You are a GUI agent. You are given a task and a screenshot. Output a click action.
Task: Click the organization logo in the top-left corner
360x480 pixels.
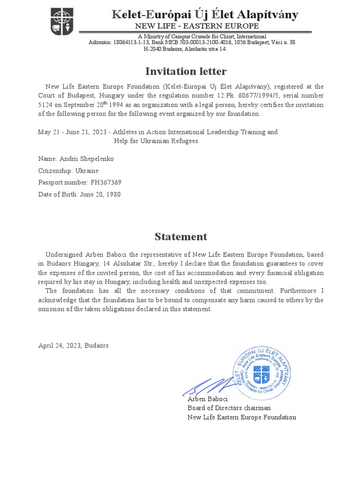tap(62, 22)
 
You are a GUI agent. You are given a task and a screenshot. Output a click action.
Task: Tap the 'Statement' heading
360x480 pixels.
tap(181, 236)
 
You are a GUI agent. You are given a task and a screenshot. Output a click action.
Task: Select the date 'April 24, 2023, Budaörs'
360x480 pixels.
tap(73, 345)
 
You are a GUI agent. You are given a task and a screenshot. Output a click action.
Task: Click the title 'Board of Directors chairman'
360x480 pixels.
tap(229, 408)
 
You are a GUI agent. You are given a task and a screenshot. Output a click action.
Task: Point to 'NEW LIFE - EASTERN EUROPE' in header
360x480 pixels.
tap(197, 26)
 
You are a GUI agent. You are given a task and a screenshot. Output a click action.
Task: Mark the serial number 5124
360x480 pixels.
tap(46, 105)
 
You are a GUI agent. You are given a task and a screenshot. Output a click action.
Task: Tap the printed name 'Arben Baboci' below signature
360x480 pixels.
tap(208, 399)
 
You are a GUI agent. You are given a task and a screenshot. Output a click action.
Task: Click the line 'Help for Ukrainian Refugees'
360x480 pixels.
tap(156, 141)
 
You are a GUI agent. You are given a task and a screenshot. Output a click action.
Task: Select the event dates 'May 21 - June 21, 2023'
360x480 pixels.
tap(73, 132)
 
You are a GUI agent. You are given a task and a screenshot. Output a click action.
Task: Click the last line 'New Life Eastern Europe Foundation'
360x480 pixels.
tap(242, 417)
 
